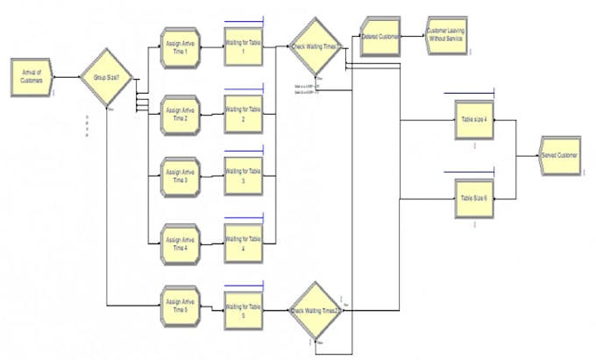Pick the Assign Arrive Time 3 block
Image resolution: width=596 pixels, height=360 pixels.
(181, 178)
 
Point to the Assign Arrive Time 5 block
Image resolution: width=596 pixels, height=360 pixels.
(181, 304)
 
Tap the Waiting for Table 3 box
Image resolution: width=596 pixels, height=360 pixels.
(245, 178)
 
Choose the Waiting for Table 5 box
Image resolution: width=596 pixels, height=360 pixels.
(245, 304)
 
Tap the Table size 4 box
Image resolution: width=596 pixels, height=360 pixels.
(473, 120)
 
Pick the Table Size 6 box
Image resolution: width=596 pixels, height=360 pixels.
(473, 198)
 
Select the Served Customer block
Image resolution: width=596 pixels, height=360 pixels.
(558, 156)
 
